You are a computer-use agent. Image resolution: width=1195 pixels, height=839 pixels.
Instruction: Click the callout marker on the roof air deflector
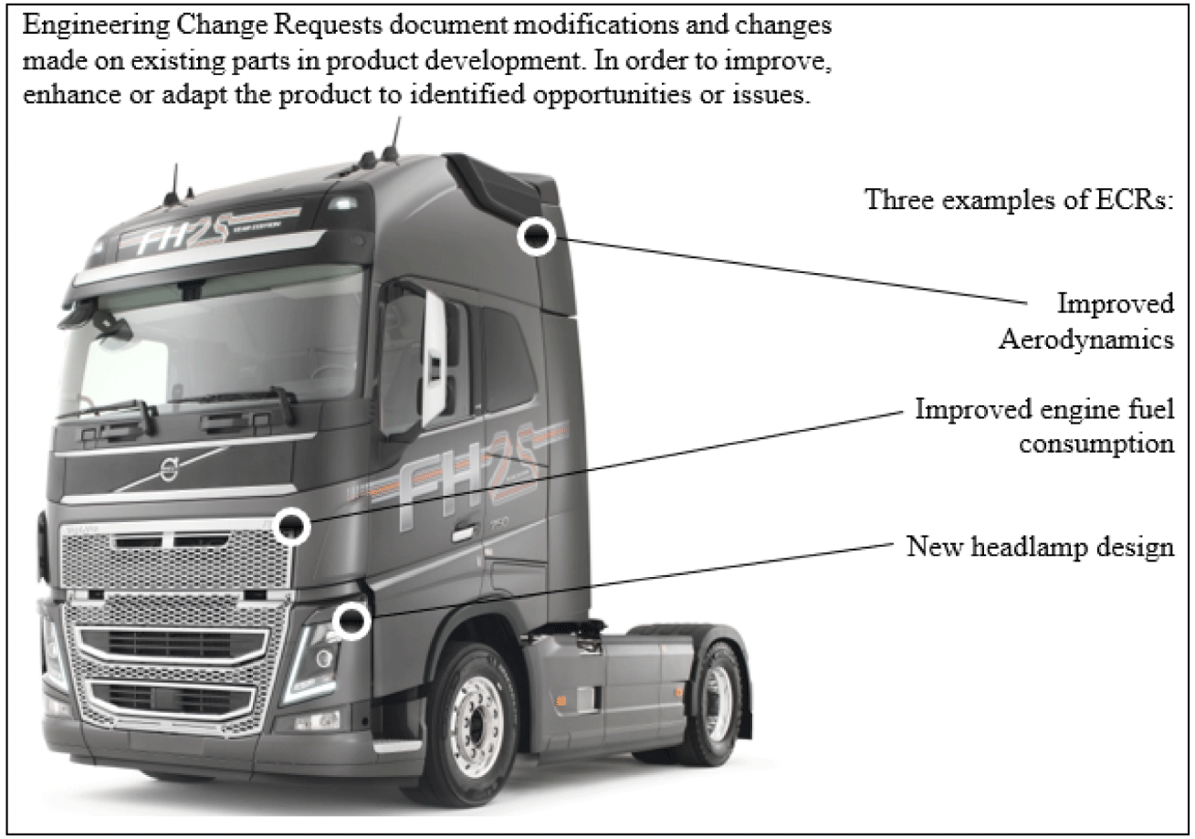[x=536, y=236]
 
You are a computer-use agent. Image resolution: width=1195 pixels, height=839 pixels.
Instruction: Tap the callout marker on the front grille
[x=292, y=526]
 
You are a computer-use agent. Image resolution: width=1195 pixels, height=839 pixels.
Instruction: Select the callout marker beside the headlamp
[x=351, y=622]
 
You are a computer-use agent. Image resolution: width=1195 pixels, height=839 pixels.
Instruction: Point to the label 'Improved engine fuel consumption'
[x=1044, y=425]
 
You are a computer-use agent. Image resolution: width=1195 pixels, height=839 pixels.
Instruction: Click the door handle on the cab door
[x=463, y=531]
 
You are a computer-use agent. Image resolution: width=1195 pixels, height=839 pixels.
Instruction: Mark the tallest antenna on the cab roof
[x=395, y=137]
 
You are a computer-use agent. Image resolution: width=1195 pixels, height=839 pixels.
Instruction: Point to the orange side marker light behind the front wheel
[x=561, y=700]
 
